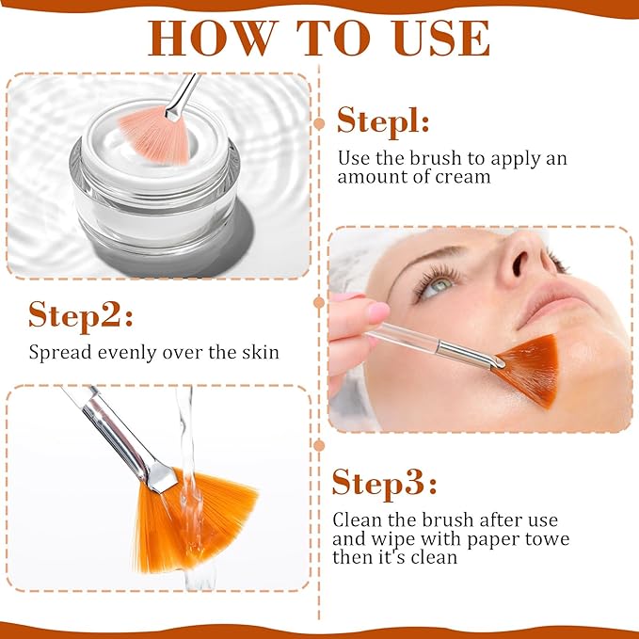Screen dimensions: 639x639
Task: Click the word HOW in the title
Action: click(212, 38)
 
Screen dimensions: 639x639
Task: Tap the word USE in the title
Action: click(441, 38)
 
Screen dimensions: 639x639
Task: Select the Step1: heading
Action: click(383, 121)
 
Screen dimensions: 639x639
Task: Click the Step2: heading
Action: click(81, 316)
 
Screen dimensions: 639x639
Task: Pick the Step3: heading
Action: click(384, 484)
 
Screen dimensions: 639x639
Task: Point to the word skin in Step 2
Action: click(261, 352)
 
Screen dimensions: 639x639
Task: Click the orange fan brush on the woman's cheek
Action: click(529, 369)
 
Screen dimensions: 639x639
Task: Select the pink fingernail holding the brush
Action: click(378, 312)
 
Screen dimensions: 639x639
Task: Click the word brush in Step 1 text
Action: click(435, 158)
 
